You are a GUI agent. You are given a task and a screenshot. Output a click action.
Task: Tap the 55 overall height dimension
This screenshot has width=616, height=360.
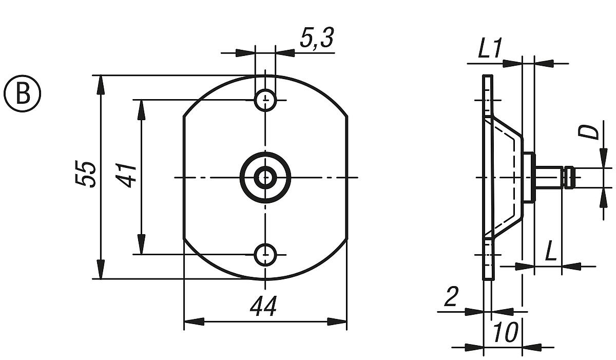click(x=86, y=174)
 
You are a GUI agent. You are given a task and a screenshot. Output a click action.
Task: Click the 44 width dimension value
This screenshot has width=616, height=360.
click(x=263, y=307)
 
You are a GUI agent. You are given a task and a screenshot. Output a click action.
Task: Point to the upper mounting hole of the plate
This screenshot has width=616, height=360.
click(x=265, y=100)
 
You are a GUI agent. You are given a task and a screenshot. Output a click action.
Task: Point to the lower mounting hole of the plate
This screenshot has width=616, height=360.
click(x=265, y=253)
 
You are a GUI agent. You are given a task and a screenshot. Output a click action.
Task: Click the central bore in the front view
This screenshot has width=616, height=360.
click(x=265, y=177)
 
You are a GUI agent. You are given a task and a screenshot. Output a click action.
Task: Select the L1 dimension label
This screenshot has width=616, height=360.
click(x=490, y=50)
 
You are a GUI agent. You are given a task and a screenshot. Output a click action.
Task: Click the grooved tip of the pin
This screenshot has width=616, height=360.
click(x=569, y=177)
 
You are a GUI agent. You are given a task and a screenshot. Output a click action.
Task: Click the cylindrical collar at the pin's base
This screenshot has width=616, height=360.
click(x=529, y=177)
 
